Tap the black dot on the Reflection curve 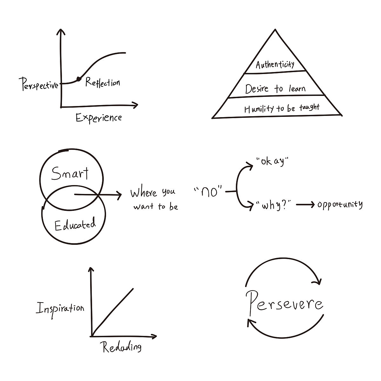(78, 79)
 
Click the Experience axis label (98, 118)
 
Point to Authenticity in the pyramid (275, 65)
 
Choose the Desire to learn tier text (275, 89)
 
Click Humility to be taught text (282, 108)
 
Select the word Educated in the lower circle (75, 225)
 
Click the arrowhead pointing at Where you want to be (119, 195)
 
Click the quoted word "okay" (272, 161)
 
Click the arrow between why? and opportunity (305, 205)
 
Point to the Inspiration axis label (60, 308)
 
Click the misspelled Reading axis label (122, 347)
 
